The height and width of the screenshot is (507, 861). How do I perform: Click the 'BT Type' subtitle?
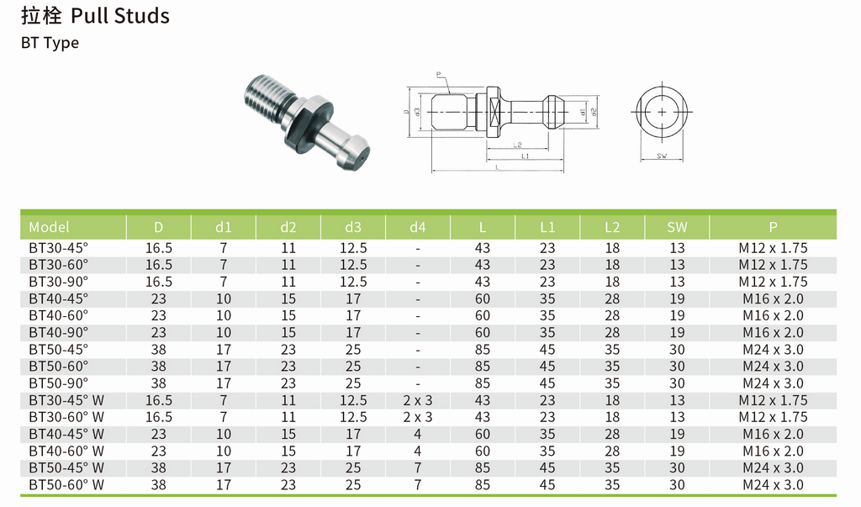click(x=50, y=43)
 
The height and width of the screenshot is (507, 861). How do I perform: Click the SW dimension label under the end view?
click(x=662, y=156)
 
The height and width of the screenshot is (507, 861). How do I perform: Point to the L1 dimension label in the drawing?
click(x=525, y=156)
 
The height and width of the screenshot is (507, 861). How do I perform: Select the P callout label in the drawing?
click(x=439, y=75)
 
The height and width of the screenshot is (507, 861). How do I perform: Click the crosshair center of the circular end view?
click(x=662, y=112)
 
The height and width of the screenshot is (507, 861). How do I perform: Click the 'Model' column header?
click(x=49, y=227)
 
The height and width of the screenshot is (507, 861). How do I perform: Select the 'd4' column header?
click(x=418, y=227)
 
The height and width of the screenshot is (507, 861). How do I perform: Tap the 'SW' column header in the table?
click(x=677, y=227)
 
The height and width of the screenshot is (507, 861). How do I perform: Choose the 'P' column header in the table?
click(x=773, y=227)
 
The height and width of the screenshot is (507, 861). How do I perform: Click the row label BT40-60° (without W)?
click(x=58, y=315)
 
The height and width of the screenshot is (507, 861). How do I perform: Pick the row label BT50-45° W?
click(x=66, y=467)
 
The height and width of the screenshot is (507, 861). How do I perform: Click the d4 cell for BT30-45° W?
click(x=418, y=400)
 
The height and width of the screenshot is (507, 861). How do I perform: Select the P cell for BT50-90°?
click(x=773, y=383)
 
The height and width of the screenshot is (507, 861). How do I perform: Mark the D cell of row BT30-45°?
click(x=159, y=248)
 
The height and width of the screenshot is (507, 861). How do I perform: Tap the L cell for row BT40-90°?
click(x=483, y=332)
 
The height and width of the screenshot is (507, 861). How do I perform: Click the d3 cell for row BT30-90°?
click(x=353, y=282)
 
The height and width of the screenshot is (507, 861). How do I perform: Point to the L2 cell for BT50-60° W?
click(x=612, y=484)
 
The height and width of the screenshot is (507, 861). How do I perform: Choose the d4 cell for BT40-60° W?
click(x=418, y=451)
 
